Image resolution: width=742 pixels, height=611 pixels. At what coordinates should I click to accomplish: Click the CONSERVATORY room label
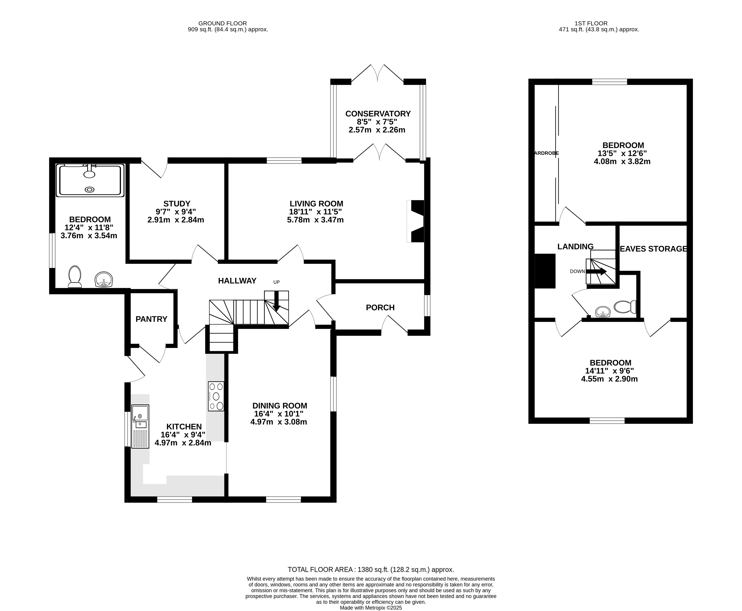pyautogui.click(x=378, y=114)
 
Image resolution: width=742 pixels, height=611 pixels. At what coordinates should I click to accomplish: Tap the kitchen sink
pyautogui.click(x=140, y=426)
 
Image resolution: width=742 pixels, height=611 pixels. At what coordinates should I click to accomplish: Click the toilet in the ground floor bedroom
pyautogui.click(x=75, y=277)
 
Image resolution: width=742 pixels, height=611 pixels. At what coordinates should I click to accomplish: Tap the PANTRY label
pyautogui.click(x=151, y=319)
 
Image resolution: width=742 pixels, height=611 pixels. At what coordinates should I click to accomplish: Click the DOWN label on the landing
pyautogui.click(x=577, y=271)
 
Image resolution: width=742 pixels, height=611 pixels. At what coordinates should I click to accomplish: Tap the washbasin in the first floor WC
pyautogui.click(x=603, y=312)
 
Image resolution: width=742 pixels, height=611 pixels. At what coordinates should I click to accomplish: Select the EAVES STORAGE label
pyautogui.click(x=653, y=249)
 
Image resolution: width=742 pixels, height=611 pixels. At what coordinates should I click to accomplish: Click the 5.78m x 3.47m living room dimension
pyautogui.click(x=315, y=220)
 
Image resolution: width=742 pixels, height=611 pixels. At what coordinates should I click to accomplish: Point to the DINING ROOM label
pyautogui.click(x=280, y=406)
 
